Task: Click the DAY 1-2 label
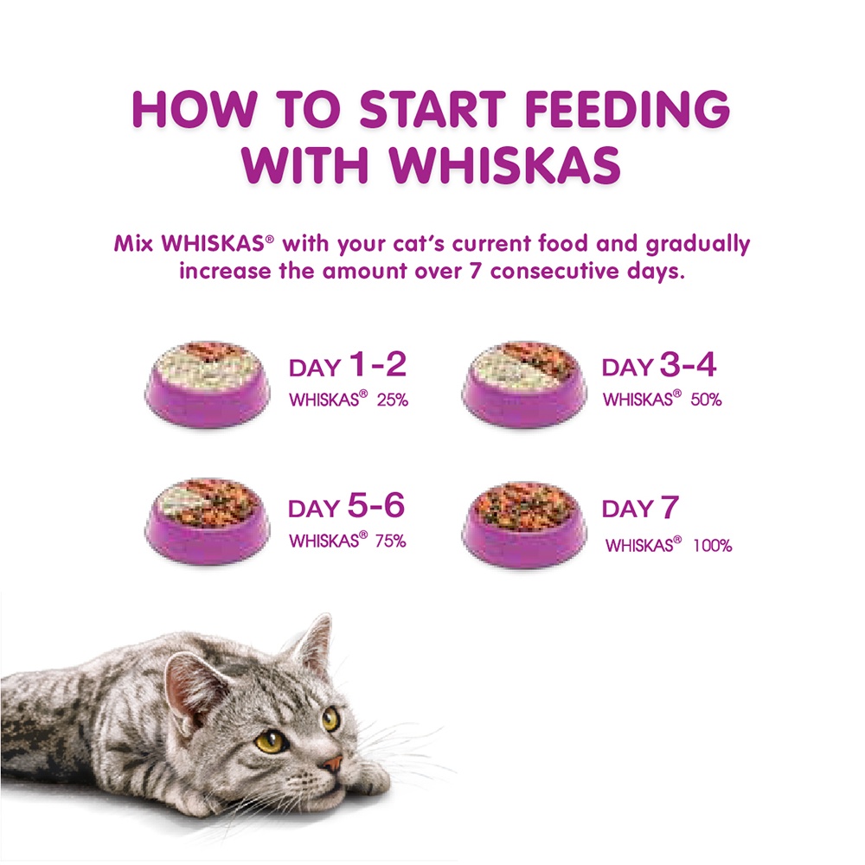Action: click(x=347, y=367)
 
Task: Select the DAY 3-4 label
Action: click(x=659, y=367)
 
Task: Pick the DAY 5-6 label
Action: click(x=346, y=508)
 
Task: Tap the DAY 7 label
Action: click(x=640, y=509)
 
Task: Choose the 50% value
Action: click(x=706, y=400)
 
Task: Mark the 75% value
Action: click(x=391, y=541)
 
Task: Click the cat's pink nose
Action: click(x=331, y=764)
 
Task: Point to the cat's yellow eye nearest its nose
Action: click(x=330, y=719)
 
